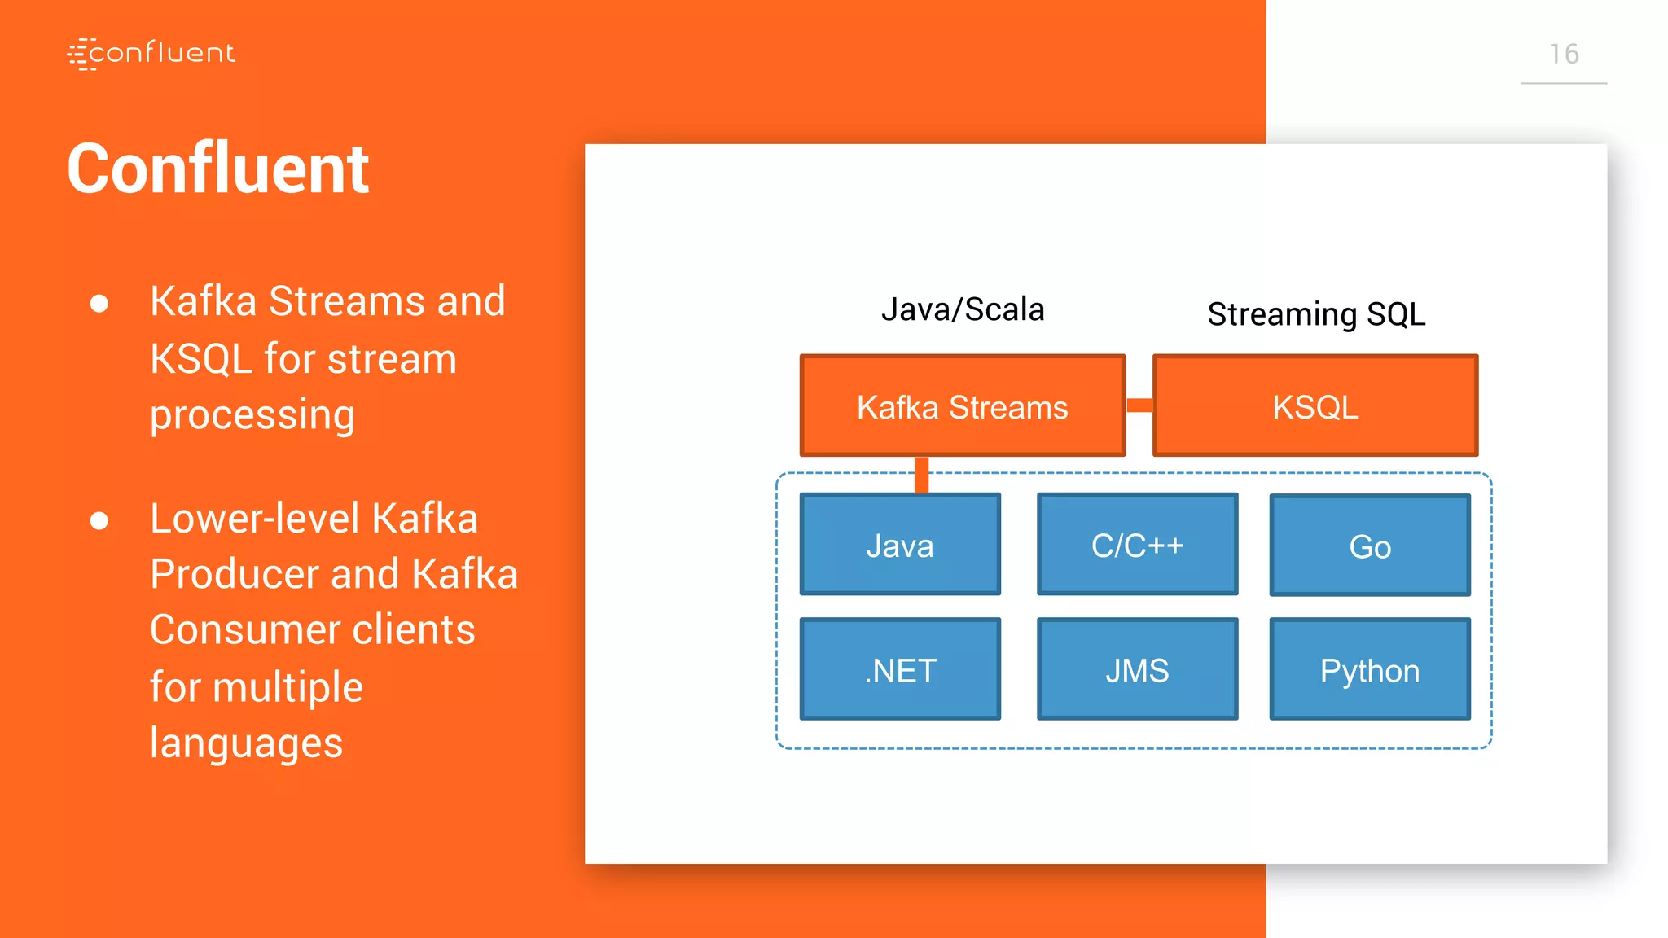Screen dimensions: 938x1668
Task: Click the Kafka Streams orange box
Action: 962,405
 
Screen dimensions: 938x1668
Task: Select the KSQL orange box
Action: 1315,405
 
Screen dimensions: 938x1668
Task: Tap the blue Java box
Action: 899,544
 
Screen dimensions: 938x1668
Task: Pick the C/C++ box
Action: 1137,544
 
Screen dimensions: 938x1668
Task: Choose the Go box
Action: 1370,546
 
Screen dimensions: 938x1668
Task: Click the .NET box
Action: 899,669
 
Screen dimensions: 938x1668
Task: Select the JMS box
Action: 1137,669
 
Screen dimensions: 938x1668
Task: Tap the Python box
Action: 1370,669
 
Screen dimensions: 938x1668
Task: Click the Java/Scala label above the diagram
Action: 962,309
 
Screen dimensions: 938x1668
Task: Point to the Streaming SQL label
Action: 1315,314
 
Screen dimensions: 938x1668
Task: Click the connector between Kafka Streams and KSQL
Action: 1139,405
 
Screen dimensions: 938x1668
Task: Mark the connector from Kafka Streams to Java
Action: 921,475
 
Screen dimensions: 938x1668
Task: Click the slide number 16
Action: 1563,54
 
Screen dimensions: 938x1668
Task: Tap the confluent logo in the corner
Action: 151,54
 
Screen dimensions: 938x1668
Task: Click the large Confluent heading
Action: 217,169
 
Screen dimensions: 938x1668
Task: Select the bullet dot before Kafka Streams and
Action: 99,304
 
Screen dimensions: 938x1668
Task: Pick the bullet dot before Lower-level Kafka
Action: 99,520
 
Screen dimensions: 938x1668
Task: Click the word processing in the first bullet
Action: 252,415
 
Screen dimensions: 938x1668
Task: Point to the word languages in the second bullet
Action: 246,743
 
